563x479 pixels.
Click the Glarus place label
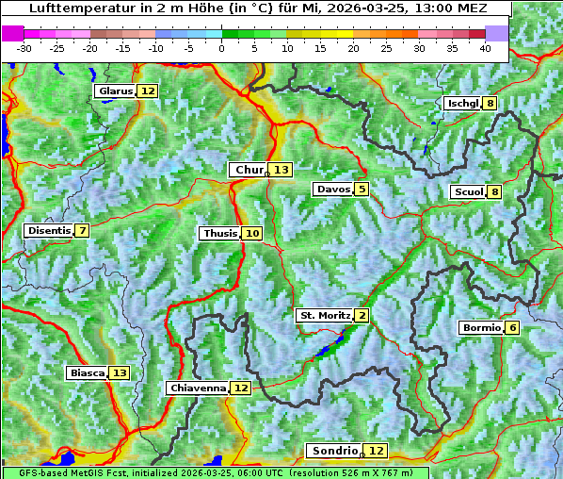click(115, 91)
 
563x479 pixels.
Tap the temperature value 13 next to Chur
click(281, 170)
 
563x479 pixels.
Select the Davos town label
click(332, 190)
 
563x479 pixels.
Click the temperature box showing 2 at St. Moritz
click(362, 315)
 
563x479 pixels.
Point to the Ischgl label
click(462, 103)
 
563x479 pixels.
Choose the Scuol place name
click(468, 192)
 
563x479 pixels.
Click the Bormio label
click(481, 328)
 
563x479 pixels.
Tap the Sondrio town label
click(334, 451)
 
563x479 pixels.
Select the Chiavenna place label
click(198, 388)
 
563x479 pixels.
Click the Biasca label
click(87, 372)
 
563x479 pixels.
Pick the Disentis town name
click(49, 230)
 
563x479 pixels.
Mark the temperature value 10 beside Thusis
click(251, 233)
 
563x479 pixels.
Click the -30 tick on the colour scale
click(24, 48)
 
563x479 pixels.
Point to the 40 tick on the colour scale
click(485, 48)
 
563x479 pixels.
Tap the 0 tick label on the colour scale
click(222, 48)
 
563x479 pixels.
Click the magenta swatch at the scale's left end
click(12, 33)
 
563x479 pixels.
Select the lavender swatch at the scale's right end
click(497, 33)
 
